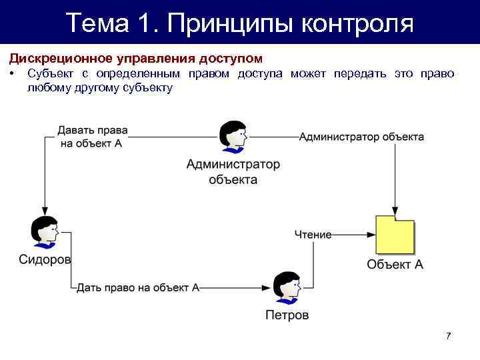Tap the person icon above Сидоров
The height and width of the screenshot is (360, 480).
[45, 233]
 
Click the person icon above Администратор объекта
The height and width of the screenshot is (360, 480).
[233, 137]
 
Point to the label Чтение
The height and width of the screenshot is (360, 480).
[313, 235]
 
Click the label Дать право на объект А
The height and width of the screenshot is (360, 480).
[138, 288]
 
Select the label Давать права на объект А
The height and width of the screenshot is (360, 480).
[93, 137]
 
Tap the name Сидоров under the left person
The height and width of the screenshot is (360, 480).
[45, 259]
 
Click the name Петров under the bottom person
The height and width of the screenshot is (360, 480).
[287, 315]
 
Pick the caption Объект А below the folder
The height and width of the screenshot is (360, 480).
[395, 264]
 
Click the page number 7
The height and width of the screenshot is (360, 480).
[449, 336]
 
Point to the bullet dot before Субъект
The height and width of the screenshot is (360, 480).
[13, 73]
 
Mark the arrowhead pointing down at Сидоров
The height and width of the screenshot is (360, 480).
[45, 211]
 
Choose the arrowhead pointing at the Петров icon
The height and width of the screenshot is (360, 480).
[268, 289]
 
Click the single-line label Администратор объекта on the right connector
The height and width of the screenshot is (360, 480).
[361, 137]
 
